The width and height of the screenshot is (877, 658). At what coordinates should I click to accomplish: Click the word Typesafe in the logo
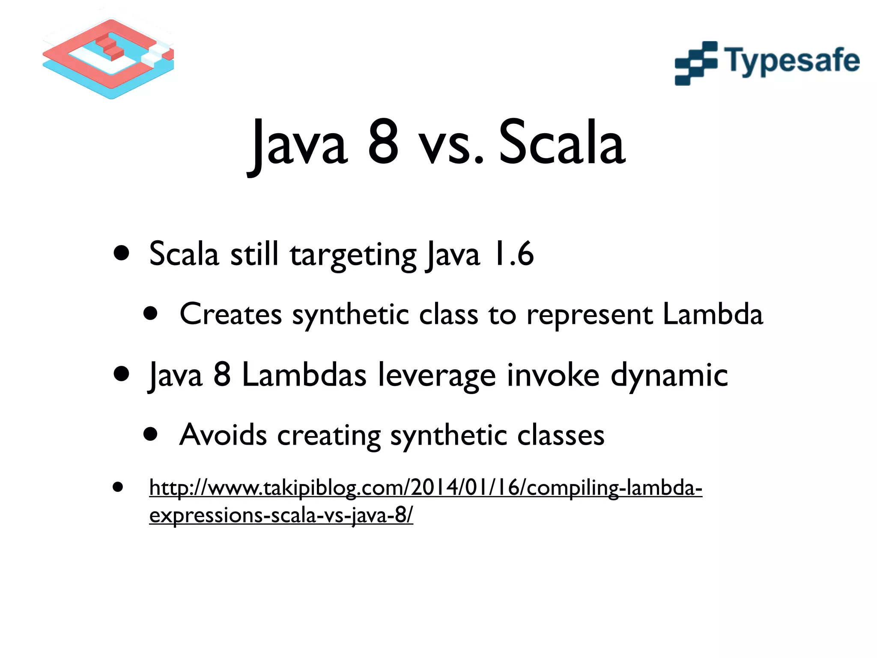tap(792, 61)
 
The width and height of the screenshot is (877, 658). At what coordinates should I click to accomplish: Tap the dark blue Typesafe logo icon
tap(695, 63)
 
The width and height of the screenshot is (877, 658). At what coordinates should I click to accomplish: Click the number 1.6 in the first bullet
tap(513, 254)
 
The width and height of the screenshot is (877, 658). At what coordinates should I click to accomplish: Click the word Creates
tap(230, 314)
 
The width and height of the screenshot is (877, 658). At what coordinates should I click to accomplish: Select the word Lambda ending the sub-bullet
tap(713, 314)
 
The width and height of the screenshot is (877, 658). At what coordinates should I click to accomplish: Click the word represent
tap(589, 316)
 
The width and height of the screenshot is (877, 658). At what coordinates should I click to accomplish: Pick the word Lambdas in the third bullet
tap(304, 375)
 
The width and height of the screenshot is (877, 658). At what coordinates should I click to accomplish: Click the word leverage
tap(437, 377)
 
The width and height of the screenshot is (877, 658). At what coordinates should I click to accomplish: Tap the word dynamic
tap(669, 376)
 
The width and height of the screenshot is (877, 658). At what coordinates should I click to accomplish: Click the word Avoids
tap(223, 435)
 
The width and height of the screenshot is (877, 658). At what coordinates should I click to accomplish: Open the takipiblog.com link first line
tap(425, 488)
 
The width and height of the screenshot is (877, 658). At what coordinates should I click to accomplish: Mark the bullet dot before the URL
tap(118, 487)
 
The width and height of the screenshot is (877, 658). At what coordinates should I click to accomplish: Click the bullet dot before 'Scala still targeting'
tap(122, 253)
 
